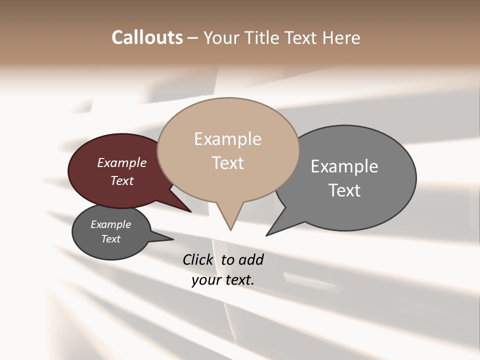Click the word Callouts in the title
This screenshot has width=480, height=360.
[x=147, y=37]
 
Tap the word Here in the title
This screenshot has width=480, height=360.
[x=340, y=38]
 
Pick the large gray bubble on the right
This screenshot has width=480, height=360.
[x=360, y=210]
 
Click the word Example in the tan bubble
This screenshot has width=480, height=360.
[x=227, y=139]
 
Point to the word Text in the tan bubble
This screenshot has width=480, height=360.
[x=228, y=163]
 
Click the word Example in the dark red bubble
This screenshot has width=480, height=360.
[x=122, y=163]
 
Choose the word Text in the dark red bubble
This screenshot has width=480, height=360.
[x=122, y=180]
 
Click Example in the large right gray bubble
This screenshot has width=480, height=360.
[x=344, y=166]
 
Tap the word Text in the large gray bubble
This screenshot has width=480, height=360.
[x=344, y=190]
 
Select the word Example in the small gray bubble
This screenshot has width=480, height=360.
[x=111, y=224]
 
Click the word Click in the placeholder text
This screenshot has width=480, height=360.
[x=199, y=259]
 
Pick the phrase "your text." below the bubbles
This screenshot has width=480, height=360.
[x=223, y=280]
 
